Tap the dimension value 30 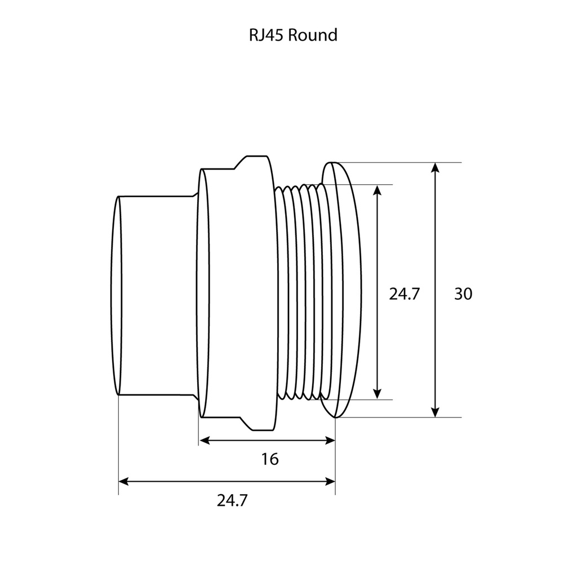(463, 294)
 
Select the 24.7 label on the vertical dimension (405, 294)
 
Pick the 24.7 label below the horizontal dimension (232, 500)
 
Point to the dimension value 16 (270, 459)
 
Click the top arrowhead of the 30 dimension (434, 167)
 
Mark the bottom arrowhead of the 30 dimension (434, 412)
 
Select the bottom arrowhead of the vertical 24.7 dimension (378, 394)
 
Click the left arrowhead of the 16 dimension (205, 440)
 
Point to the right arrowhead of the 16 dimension (330, 440)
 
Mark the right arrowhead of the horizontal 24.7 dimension (330, 481)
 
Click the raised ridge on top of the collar (256, 160)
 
